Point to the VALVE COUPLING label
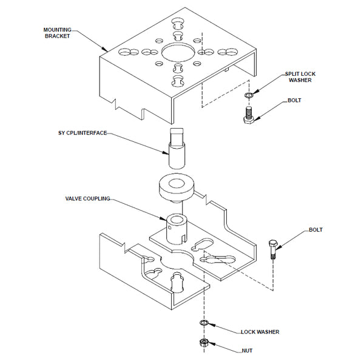click(88, 198)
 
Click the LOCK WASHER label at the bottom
click(260, 332)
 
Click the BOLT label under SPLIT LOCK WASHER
click(294, 99)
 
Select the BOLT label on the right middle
click(315, 230)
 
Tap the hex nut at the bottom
click(204, 344)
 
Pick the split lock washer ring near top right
click(248, 95)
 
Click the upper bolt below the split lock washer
click(248, 115)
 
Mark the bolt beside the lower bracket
click(273, 249)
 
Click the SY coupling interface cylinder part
click(177, 150)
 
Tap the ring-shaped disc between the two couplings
click(177, 186)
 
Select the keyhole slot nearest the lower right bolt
click(219, 260)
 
